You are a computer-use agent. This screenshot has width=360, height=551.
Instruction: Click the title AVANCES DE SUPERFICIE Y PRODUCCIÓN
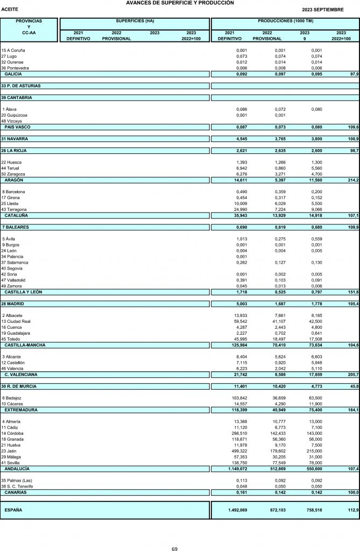click(x=180, y=3)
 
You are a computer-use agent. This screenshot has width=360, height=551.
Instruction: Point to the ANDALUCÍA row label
click(x=17, y=468)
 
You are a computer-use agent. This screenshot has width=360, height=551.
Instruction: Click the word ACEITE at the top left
click(x=11, y=10)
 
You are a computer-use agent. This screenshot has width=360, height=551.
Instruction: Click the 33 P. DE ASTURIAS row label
click(x=21, y=86)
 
